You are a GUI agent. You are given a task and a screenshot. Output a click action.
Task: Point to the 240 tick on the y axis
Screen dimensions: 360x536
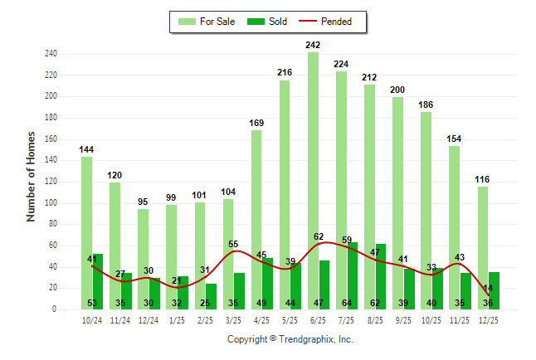51,54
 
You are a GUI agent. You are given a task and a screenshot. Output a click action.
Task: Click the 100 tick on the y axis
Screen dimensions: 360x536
51,203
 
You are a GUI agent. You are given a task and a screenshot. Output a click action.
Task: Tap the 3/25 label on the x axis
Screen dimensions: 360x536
233,320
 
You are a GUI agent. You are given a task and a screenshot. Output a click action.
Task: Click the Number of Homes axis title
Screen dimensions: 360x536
32,176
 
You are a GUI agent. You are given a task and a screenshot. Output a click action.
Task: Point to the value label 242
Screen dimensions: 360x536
313,45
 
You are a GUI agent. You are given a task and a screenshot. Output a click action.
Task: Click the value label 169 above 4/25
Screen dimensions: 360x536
256,123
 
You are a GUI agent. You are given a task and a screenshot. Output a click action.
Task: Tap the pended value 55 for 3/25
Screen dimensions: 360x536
233,243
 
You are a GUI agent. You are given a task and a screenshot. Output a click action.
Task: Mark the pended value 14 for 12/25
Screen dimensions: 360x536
488,288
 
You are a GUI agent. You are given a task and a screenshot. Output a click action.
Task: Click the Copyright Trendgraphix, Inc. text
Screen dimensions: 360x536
290,339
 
